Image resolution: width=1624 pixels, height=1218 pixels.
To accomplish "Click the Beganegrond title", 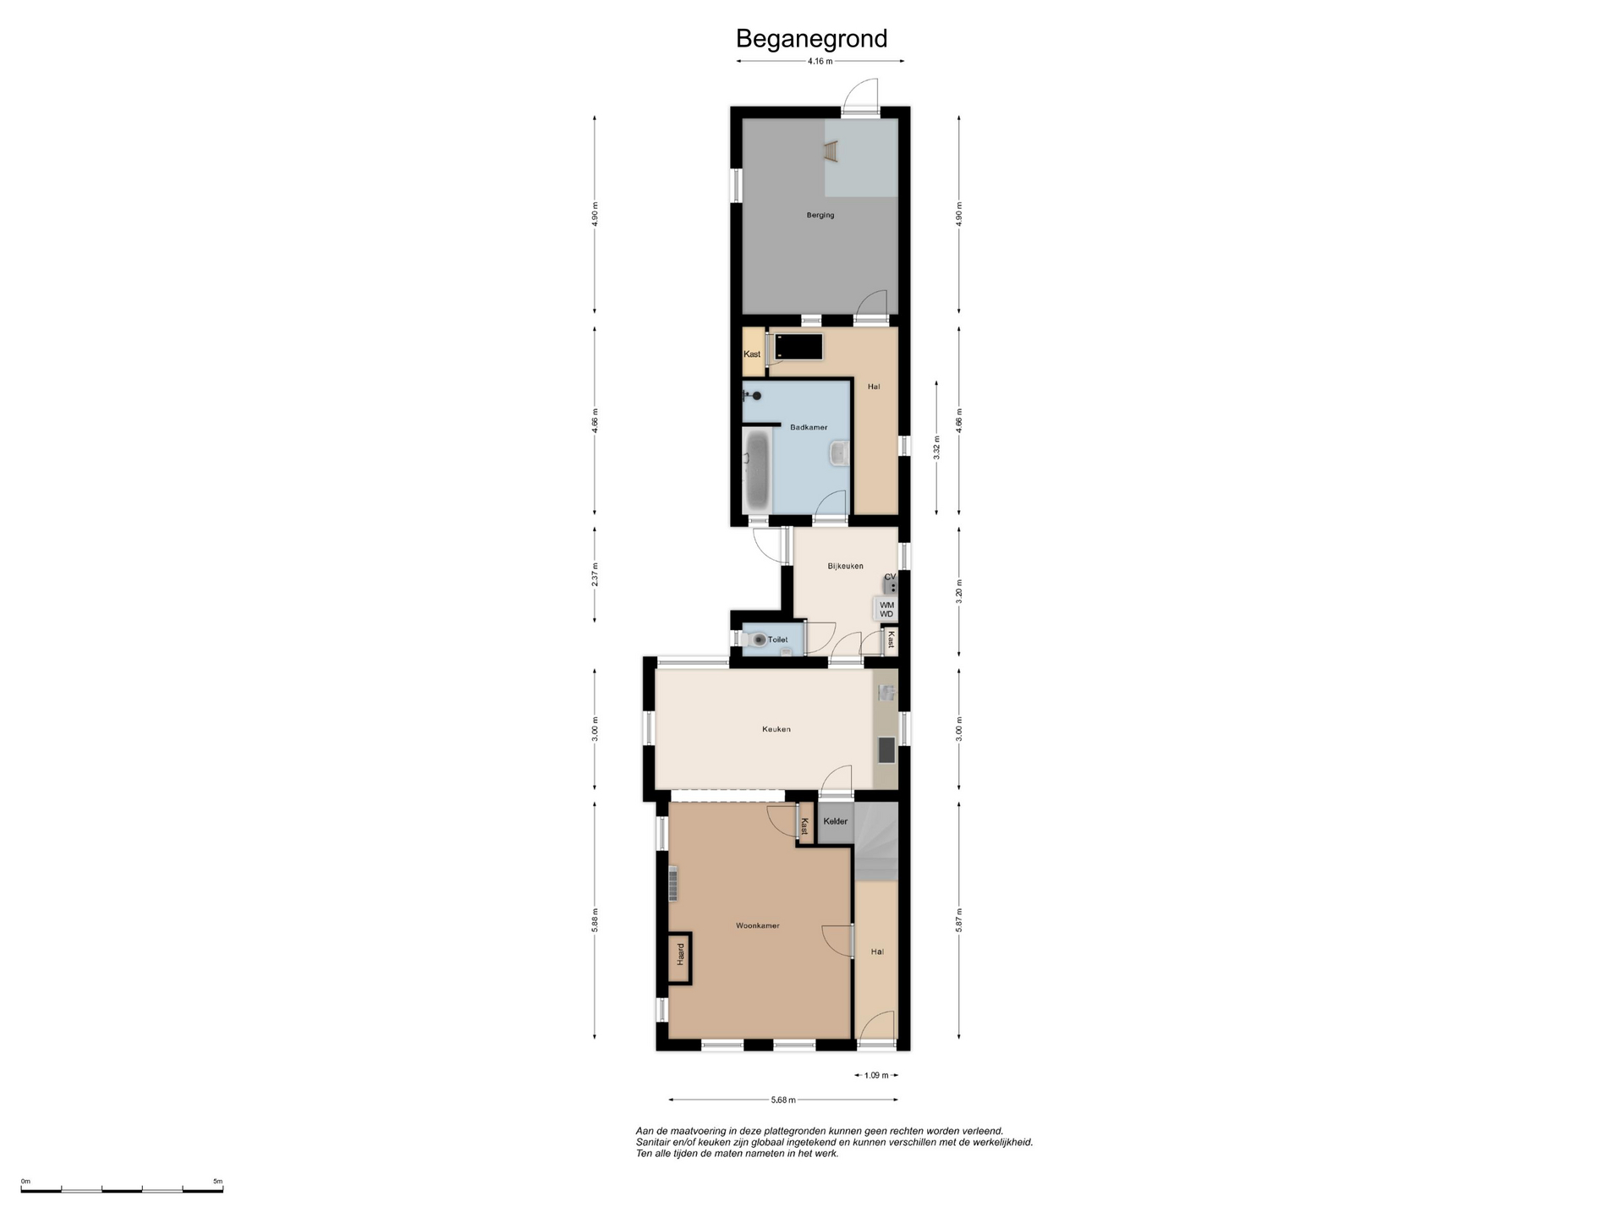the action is [x=811, y=39].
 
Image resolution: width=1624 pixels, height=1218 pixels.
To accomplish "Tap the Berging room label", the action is [x=820, y=216].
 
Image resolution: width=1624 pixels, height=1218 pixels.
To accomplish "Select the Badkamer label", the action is [x=809, y=427].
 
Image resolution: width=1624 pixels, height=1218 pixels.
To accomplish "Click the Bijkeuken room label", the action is [x=845, y=566].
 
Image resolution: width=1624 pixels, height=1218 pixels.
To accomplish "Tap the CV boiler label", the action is [x=890, y=577].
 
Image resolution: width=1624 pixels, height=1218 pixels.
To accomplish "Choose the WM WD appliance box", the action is [x=886, y=609].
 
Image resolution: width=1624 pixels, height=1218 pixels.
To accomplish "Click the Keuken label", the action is [x=776, y=729].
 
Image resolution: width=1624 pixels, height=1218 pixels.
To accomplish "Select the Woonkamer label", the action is [x=757, y=926].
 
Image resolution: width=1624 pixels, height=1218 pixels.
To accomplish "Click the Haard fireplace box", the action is [x=679, y=958].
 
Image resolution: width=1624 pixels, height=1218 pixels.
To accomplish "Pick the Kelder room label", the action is [x=835, y=821].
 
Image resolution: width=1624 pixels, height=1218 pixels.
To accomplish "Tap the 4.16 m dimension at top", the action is [x=820, y=61].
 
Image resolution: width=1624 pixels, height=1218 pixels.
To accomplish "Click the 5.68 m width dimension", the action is [x=783, y=1100].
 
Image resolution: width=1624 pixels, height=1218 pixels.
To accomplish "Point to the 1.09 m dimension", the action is [x=876, y=1076].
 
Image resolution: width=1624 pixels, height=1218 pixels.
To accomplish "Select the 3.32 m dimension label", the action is [x=936, y=447].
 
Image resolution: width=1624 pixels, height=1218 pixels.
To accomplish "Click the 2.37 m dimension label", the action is [x=595, y=574].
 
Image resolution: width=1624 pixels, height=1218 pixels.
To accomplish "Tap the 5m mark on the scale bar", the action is [x=217, y=1181].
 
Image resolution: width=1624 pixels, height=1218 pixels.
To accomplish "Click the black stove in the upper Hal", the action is [x=798, y=347].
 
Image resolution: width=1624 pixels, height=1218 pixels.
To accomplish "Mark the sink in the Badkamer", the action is [x=839, y=453].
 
